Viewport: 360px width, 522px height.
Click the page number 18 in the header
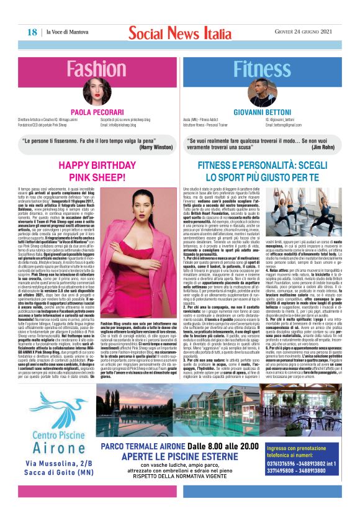[31, 32]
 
